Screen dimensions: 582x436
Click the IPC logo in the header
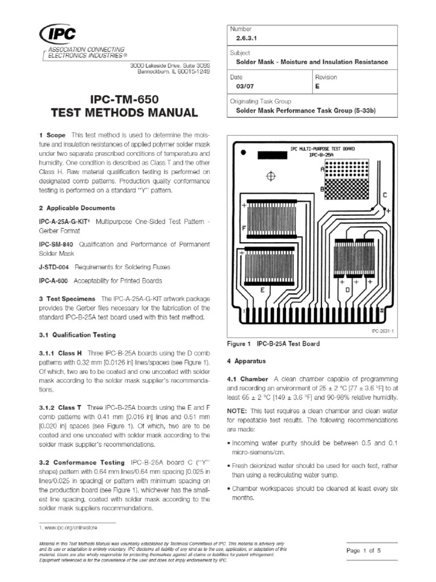55,36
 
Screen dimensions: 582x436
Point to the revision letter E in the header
317,87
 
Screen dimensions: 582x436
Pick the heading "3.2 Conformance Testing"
85,463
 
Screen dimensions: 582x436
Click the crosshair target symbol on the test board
271,176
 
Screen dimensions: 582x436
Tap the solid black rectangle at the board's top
273,155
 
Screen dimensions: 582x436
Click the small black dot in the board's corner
243,152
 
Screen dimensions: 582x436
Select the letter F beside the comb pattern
244,228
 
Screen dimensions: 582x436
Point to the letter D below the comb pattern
347,290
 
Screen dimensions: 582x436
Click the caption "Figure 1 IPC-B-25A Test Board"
273,344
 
